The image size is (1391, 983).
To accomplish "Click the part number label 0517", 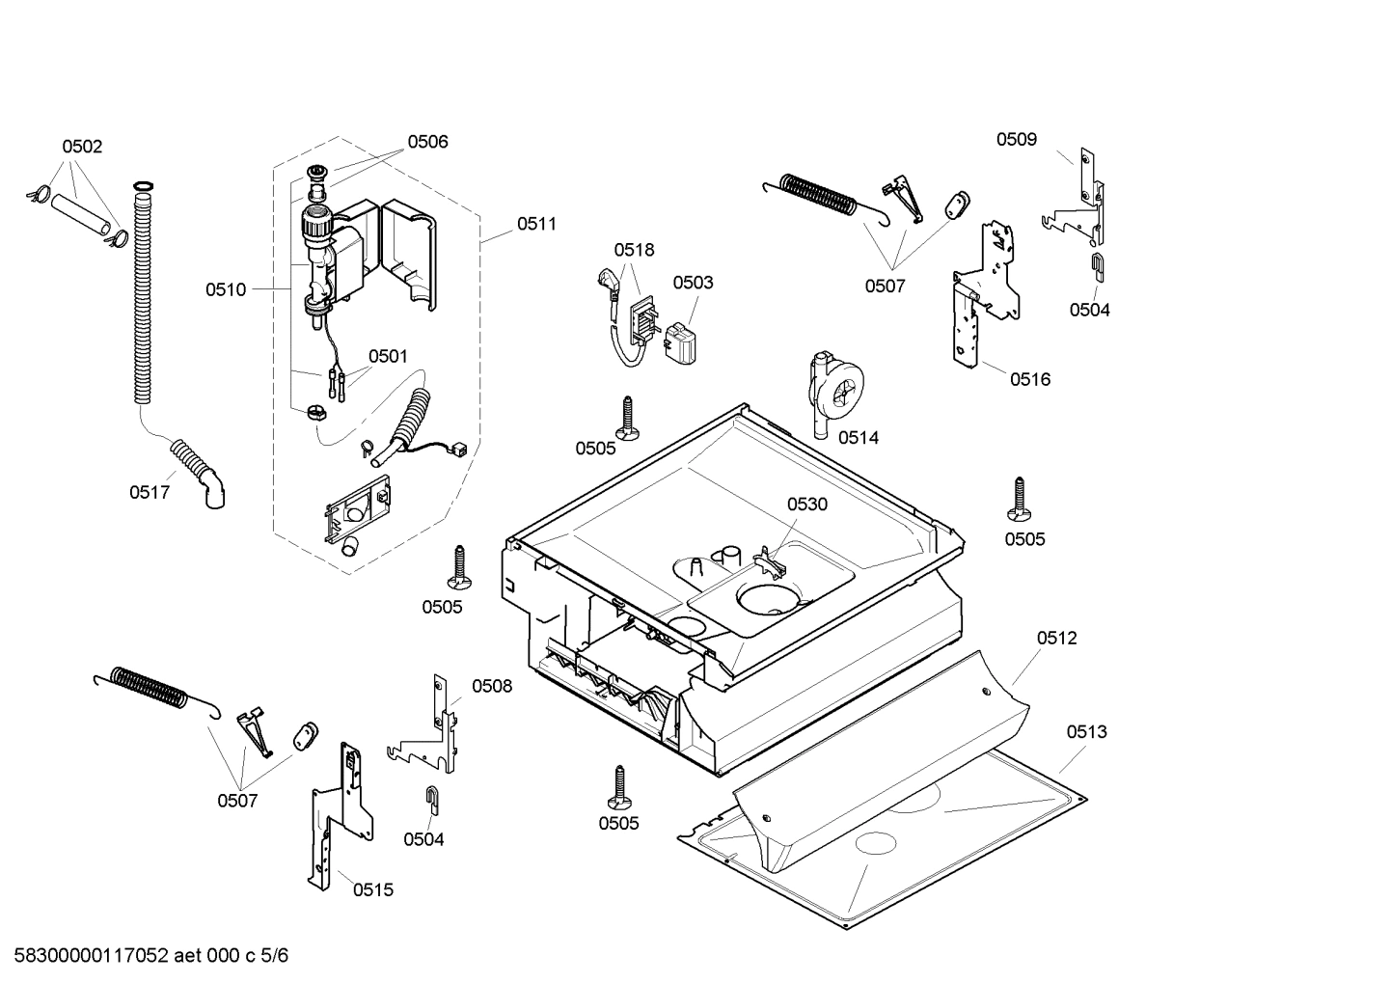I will pyautogui.click(x=150, y=492).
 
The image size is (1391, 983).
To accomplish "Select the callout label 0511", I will pyautogui.click(x=536, y=224).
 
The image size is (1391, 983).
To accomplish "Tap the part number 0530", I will pyautogui.click(x=806, y=504).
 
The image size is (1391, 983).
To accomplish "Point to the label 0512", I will pyautogui.click(x=1057, y=638).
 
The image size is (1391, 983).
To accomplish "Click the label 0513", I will pyautogui.click(x=1086, y=731).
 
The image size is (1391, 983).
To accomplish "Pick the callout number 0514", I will pyautogui.click(x=858, y=437).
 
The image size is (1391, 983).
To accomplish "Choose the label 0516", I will pyautogui.click(x=1030, y=379).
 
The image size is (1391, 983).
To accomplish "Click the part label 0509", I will pyautogui.click(x=1017, y=139).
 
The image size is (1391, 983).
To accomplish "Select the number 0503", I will pyautogui.click(x=693, y=282).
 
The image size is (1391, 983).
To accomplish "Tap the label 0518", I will pyautogui.click(x=634, y=249).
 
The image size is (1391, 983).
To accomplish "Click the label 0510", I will pyautogui.click(x=225, y=288).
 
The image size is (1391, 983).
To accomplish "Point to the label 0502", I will pyautogui.click(x=82, y=146).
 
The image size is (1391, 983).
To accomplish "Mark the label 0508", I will pyautogui.click(x=492, y=686).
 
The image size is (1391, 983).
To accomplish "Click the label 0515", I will pyautogui.click(x=372, y=889).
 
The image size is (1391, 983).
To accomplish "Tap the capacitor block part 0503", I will pyautogui.click(x=681, y=344).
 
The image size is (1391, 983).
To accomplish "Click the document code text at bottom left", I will pyautogui.click(x=146, y=955).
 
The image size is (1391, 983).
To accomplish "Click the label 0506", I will pyautogui.click(x=427, y=141).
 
